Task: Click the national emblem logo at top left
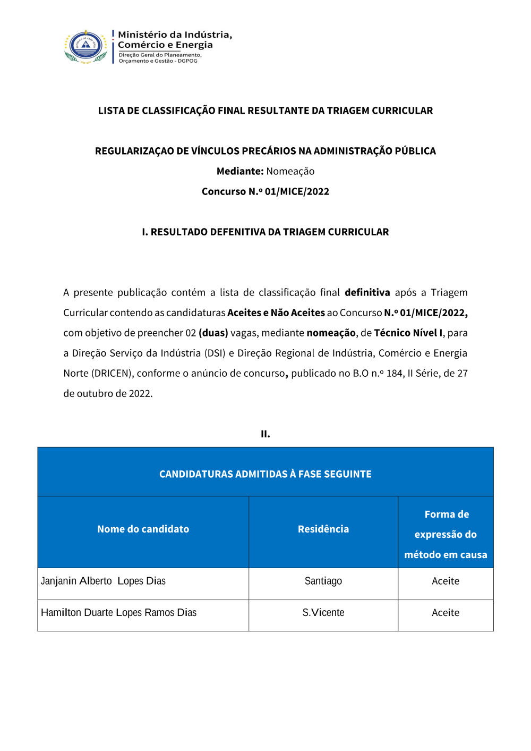click(x=85, y=47)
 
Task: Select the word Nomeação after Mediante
click(x=290, y=171)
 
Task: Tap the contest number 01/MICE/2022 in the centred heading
click(x=297, y=191)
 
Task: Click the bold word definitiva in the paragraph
click(x=367, y=292)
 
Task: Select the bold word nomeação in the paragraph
click(x=331, y=333)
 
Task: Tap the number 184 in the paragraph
click(x=395, y=373)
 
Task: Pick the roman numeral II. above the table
click(x=265, y=434)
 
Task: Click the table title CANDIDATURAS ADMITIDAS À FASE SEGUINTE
click(x=265, y=474)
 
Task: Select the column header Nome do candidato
click(x=143, y=529)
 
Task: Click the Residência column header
click(x=323, y=529)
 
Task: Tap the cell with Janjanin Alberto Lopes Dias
click(x=104, y=581)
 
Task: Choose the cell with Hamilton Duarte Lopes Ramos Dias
click(x=119, y=613)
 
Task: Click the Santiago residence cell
click(x=323, y=581)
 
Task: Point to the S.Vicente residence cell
click(x=323, y=613)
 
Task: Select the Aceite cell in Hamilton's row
click(x=446, y=613)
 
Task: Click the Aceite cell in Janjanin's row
click(x=446, y=581)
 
